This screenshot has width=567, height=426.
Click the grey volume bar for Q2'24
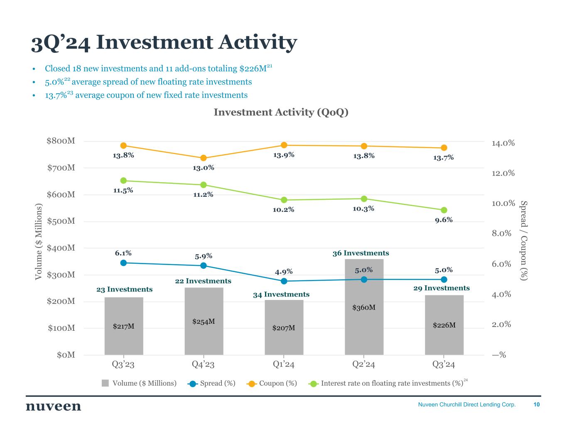[364, 324]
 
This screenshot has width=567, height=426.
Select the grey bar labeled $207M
[284, 333]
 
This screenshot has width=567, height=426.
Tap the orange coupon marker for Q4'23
[204, 158]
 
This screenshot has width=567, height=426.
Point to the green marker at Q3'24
[444, 210]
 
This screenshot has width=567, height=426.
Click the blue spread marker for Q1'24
[284, 281]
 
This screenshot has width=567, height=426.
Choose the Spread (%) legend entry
[212, 383]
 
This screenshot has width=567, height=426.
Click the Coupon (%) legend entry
[272, 383]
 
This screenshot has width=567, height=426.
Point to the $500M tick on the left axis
[61, 221]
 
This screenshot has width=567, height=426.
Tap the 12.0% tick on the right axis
[503, 173]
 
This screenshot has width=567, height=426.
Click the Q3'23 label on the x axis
[123, 365]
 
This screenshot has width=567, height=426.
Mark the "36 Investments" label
[361, 253]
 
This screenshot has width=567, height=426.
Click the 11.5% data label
[123, 191]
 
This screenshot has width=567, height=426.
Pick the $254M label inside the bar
[204, 322]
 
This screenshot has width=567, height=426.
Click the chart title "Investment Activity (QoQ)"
[281, 112]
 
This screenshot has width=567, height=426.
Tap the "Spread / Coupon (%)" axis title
[524, 240]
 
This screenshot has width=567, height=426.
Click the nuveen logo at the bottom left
[54, 406]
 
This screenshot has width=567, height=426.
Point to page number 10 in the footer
[537, 404]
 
